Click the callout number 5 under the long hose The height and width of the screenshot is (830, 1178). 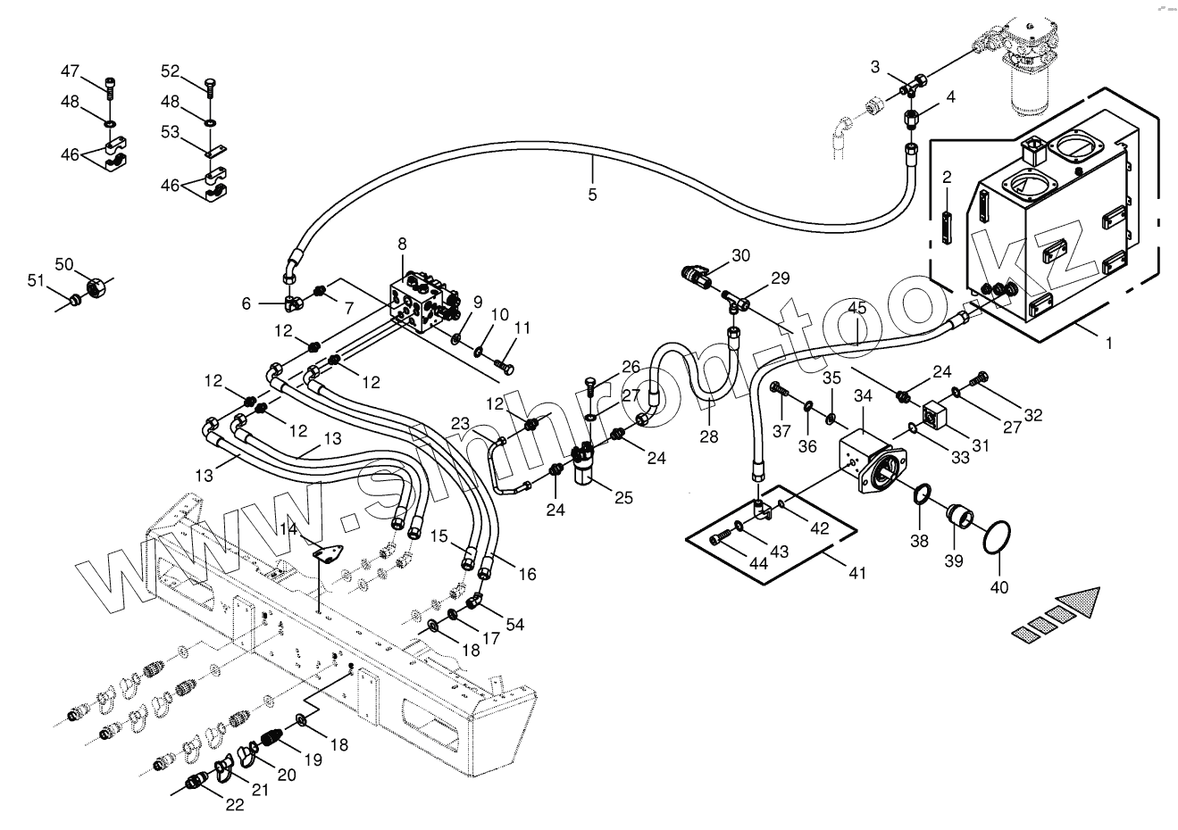[592, 194]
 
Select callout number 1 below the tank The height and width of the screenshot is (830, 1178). [1108, 343]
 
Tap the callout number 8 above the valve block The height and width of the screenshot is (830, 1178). [402, 244]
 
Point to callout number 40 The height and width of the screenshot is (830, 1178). [999, 587]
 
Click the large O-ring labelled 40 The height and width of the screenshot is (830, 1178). [996, 539]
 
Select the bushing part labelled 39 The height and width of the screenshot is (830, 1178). [960, 516]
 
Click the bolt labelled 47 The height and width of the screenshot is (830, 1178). [110, 87]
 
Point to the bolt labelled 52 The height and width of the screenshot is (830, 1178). [209, 87]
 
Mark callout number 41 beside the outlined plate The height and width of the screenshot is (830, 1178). [856, 574]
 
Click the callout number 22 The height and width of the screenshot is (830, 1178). [234, 804]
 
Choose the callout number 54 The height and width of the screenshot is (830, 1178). [514, 624]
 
